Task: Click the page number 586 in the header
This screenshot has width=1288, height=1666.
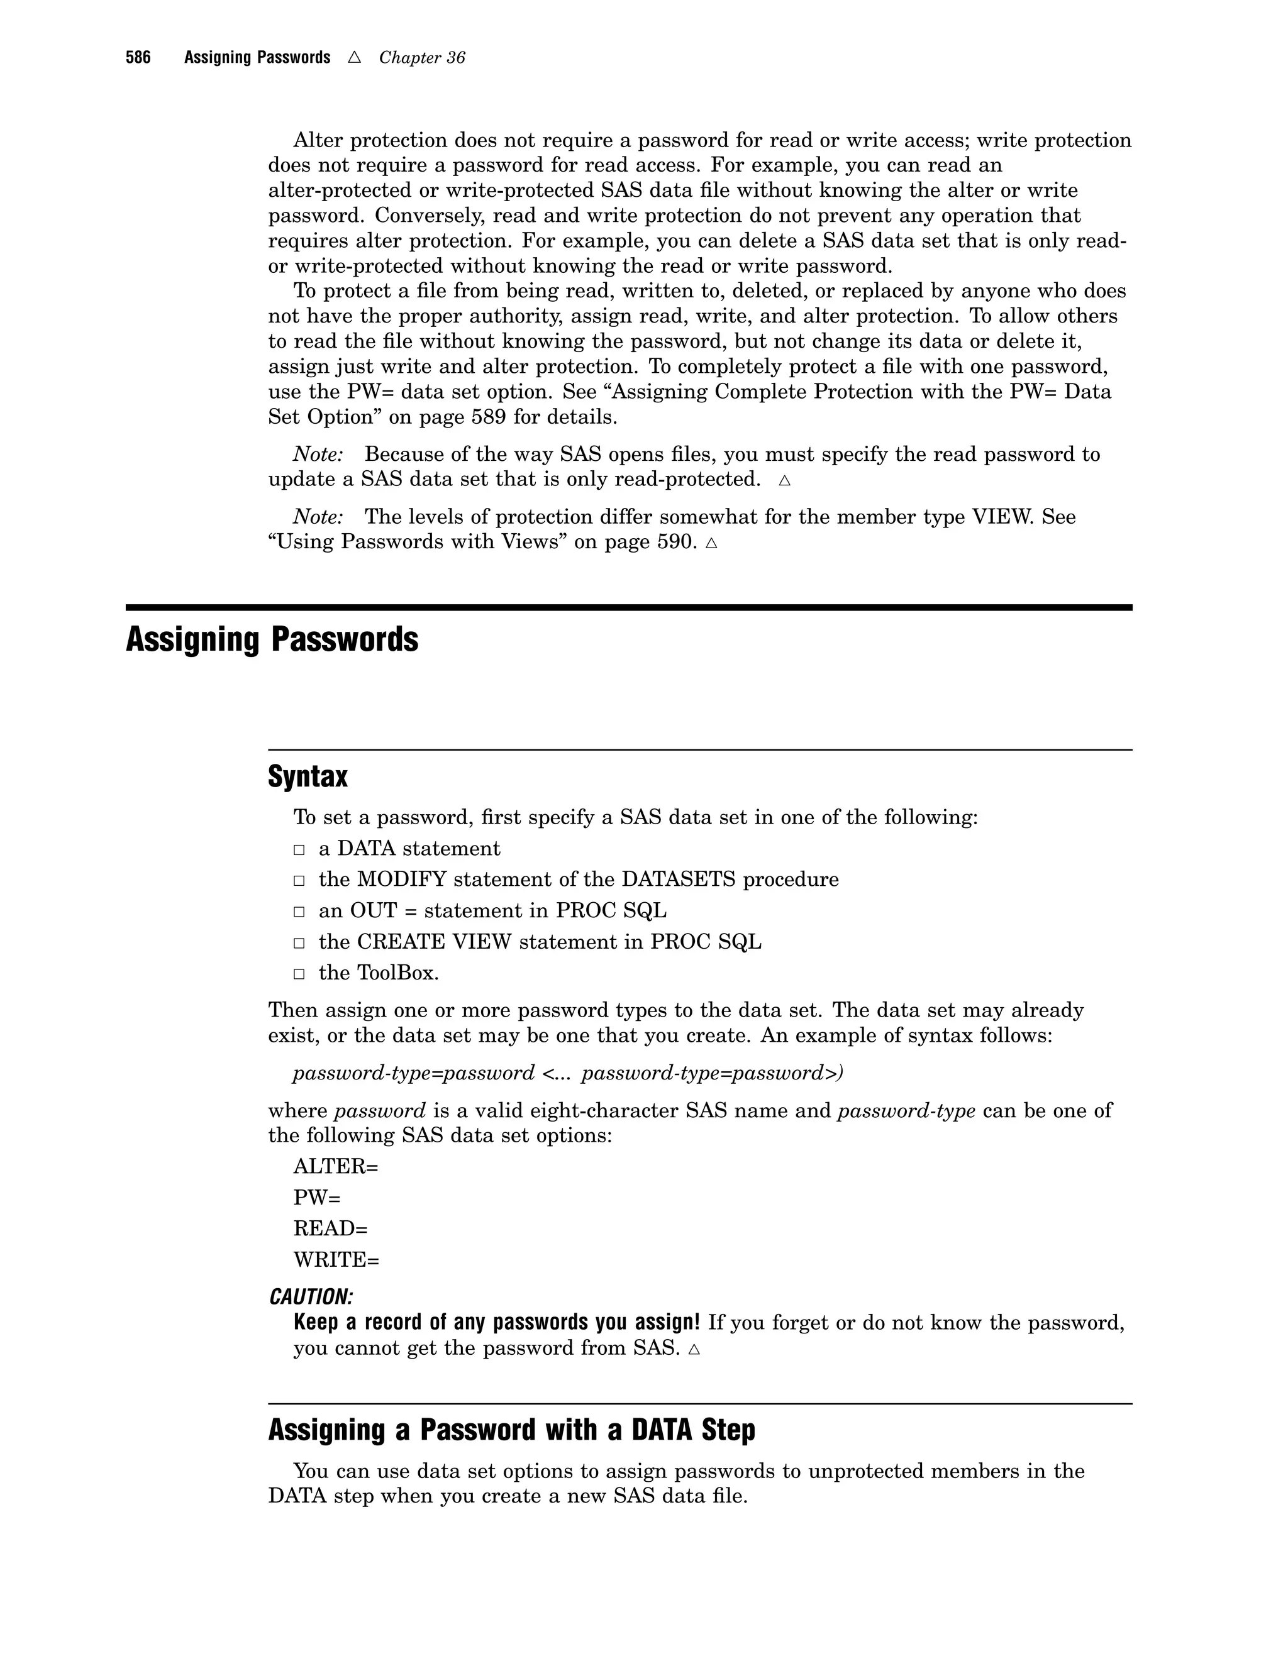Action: click(x=138, y=57)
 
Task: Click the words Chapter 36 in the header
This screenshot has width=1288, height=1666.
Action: click(x=421, y=58)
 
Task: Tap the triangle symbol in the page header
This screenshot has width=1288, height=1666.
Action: click(x=354, y=57)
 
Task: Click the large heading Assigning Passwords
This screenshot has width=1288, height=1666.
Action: click(x=272, y=639)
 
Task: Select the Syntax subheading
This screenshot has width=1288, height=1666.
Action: click(x=308, y=776)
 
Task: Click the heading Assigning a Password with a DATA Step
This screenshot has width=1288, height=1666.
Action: click(x=511, y=1430)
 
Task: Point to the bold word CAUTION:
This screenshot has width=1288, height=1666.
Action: click(x=311, y=1297)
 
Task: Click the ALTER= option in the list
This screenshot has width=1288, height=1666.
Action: click(x=336, y=1166)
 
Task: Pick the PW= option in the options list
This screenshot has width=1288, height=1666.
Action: click(x=317, y=1198)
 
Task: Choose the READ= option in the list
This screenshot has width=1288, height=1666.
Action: click(x=330, y=1229)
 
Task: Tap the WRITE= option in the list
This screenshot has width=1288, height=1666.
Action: click(x=336, y=1260)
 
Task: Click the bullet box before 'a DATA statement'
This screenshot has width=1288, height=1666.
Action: click(x=299, y=850)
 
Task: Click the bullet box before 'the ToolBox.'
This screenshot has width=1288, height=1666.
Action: click(x=299, y=974)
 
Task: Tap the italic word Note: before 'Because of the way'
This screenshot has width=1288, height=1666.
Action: click(x=318, y=455)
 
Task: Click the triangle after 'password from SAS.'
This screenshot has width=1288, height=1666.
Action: click(x=694, y=1349)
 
